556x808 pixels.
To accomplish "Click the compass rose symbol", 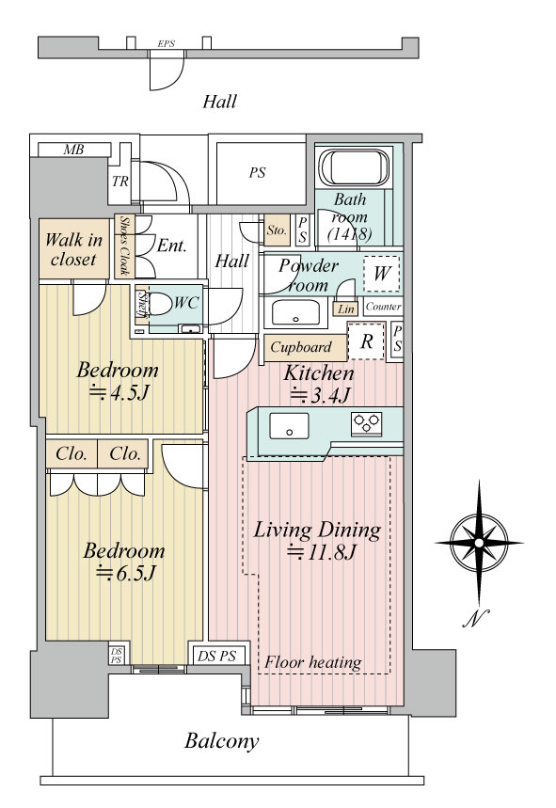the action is click(x=479, y=543).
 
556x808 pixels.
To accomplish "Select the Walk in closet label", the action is click(x=73, y=249).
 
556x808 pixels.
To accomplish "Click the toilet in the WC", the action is click(x=161, y=305).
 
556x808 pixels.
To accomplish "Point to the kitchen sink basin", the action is click(x=289, y=426).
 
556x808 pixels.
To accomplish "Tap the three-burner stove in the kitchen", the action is click(x=366, y=422).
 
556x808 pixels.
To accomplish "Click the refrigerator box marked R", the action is click(x=366, y=341).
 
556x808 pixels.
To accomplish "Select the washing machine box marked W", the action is click(x=381, y=274).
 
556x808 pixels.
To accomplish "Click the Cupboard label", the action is click(x=301, y=347).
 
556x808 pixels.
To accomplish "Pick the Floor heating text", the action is click(x=312, y=662).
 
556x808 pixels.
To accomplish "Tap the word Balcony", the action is click(x=222, y=741).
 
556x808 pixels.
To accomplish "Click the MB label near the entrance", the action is click(x=73, y=150).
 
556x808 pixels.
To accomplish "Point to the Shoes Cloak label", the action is click(x=124, y=246).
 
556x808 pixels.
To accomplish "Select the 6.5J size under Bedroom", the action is click(x=126, y=573).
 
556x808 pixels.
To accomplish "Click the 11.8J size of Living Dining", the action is click(x=322, y=552).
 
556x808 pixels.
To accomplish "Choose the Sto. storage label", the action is click(x=277, y=230).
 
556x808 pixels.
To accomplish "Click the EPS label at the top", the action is click(x=166, y=44).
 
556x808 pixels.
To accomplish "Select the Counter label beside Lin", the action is click(x=383, y=307).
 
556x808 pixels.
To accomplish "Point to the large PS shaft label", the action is click(x=257, y=172).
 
